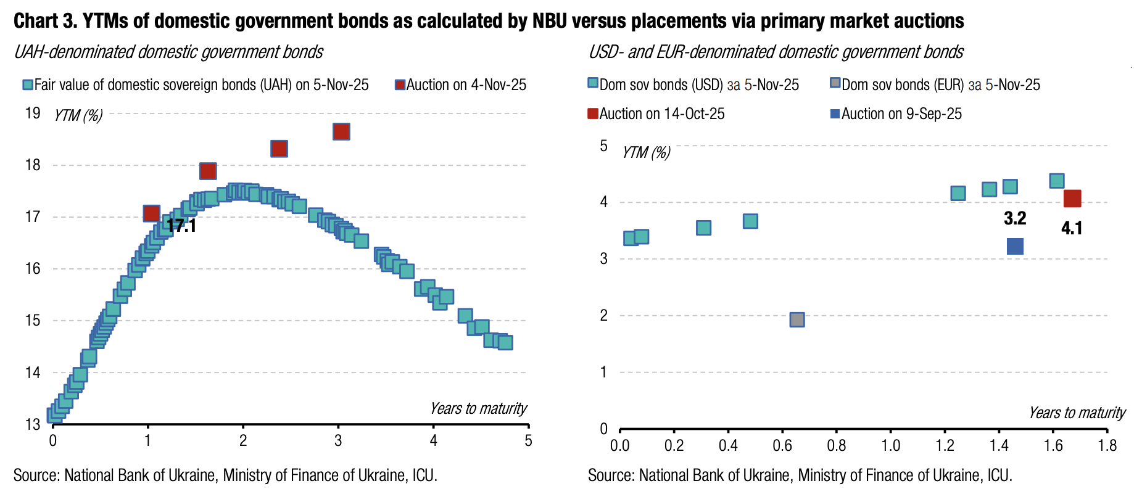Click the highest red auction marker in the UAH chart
click(x=341, y=131)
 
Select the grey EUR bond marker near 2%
click(x=797, y=319)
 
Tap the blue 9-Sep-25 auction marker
click(x=1015, y=247)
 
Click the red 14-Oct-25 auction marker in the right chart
click(x=1072, y=199)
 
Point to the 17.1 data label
click(x=181, y=226)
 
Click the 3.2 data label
click(x=1015, y=218)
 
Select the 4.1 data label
click(x=1072, y=228)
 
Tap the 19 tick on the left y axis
click(x=33, y=113)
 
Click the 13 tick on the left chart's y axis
click(x=33, y=424)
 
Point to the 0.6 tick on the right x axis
click(x=782, y=445)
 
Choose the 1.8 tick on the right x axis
click(x=1107, y=445)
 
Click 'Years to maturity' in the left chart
click(x=478, y=408)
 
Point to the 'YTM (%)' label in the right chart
click(x=646, y=152)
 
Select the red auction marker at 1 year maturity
click(x=151, y=213)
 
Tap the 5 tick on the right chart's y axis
click(x=603, y=146)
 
